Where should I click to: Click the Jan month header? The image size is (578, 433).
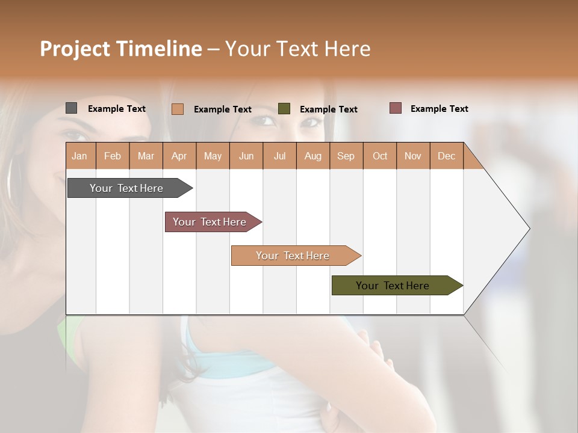(x=80, y=156)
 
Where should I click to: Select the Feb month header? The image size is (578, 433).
(x=113, y=156)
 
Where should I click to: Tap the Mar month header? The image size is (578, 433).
(x=146, y=156)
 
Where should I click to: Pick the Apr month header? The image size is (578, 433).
(x=179, y=156)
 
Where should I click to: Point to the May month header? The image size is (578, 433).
(x=213, y=156)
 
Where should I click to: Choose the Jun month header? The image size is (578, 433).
(x=246, y=156)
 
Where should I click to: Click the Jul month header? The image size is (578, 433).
(x=279, y=156)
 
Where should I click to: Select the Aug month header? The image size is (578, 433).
(x=313, y=156)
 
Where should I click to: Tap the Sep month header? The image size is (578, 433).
(x=346, y=156)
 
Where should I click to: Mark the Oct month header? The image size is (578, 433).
(x=380, y=156)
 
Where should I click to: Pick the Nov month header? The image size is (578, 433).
(x=413, y=156)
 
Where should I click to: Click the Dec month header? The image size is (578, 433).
(x=446, y=156)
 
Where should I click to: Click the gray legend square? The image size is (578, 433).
(x=71, y=108)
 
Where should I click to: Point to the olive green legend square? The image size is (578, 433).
(x=284, y=109)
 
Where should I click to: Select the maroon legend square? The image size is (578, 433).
(x=396, y=108)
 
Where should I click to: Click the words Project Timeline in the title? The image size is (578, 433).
(x=121, y=49)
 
